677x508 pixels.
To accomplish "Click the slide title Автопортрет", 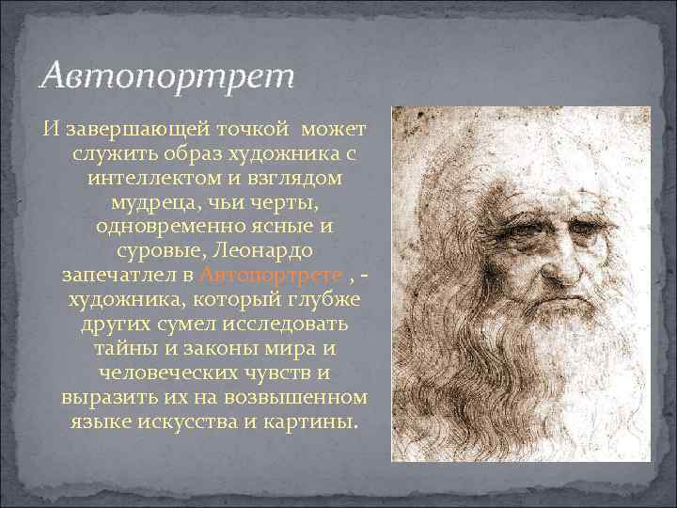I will click(170, 74).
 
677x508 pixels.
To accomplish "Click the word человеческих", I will click(161, 373).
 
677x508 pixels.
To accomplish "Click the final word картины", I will click(311, 421).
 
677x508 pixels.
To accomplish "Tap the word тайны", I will click(121, 348).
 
